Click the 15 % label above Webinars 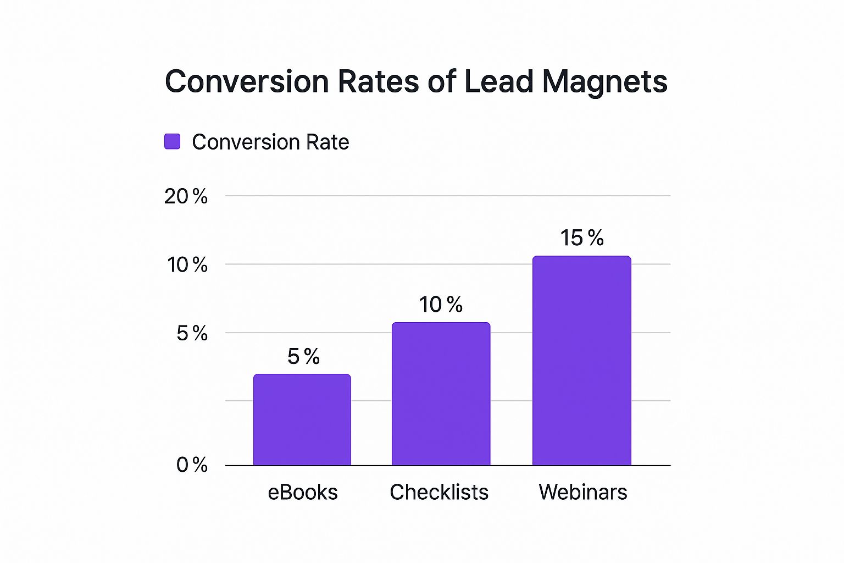(582, 238)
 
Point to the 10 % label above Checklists (441, 305)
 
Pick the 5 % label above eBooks (303, 357)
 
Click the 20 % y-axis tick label (186, 196)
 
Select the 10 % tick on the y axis (187, 265)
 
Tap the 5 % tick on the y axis (192, 333)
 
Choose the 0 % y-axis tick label (192, 465)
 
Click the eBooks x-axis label (303, 492)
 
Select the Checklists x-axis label (439, 492)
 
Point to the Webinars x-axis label (582, 492)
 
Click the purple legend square (173, 141)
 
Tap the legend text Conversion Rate (270, 142)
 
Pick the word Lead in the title (499, 82)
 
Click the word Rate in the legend (327, 142)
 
